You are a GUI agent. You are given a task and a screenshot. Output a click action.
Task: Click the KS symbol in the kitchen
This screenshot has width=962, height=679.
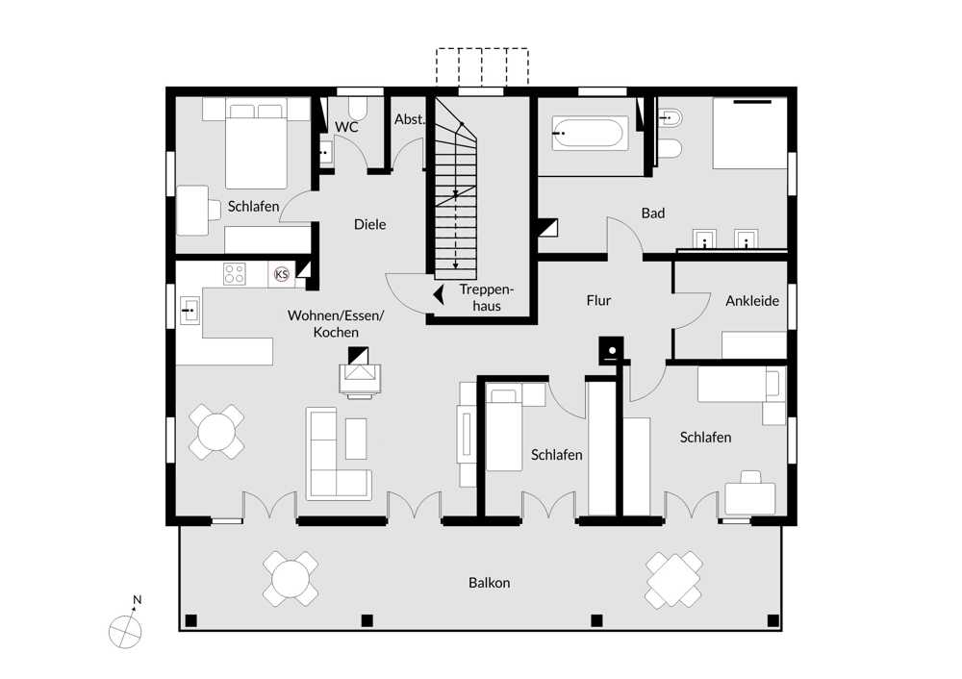282,274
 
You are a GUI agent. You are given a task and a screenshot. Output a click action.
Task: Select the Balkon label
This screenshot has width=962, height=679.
489,583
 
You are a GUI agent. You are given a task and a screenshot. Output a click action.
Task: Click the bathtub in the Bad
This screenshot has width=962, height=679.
590,134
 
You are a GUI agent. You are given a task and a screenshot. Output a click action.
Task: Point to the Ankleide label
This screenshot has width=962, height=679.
752,301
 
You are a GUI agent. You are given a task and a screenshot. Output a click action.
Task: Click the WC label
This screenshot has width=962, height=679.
346,127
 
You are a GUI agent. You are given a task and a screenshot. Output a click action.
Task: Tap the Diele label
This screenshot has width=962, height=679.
370,224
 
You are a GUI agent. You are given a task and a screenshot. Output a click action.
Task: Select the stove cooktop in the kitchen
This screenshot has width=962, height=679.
235,274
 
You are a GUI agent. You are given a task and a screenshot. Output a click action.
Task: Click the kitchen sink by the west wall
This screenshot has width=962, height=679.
190,311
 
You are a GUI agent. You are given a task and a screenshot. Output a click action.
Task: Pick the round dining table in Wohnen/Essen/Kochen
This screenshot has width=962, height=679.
215,432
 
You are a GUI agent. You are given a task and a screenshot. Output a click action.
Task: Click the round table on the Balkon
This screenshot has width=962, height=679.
291,579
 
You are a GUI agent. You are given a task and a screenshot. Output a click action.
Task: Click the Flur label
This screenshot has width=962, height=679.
598,301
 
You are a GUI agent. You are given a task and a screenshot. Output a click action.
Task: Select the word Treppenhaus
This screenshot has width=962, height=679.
487,297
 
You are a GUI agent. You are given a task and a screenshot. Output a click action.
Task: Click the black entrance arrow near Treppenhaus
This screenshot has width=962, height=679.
439,294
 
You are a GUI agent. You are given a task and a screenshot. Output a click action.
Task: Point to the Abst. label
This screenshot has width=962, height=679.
409,119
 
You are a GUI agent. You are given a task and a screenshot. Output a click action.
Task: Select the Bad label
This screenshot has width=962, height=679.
653,214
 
